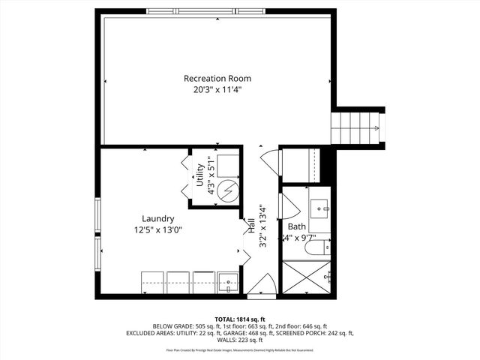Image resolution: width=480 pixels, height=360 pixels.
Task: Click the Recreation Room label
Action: pyautogui.click(x=217, y=78)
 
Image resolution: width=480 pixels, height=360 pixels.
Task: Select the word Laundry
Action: pyautogui.click(x=158, y=219)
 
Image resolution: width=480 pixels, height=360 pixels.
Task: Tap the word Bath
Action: pyautogui.click(x=296, y=226)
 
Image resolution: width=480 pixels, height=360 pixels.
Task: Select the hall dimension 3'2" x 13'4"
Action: pyautogui.click(x=261, y=226)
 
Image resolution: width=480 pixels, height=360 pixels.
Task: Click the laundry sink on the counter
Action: pyautogui.click(x=228, y=282)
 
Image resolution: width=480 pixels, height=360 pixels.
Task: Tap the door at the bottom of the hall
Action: pyautogui.click(x=261, y=285)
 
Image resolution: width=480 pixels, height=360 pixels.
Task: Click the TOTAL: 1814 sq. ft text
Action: pyautogui.click(x=240, y=319)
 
